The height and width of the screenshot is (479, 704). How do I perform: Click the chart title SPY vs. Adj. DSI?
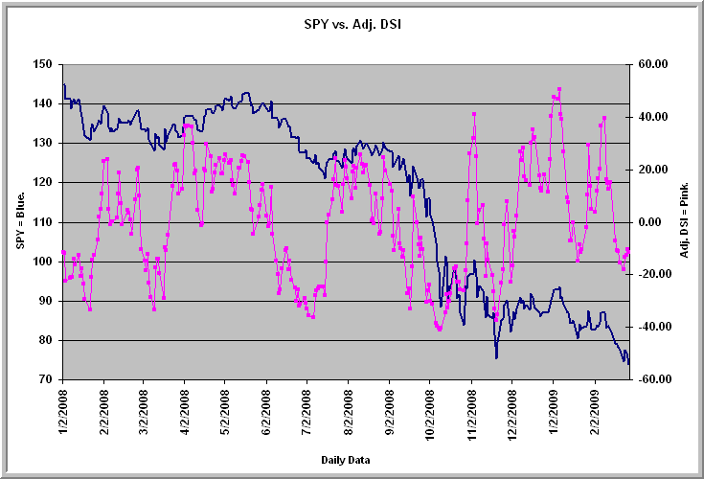[352, 24]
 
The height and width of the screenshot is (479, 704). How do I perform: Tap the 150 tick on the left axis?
[42, 64]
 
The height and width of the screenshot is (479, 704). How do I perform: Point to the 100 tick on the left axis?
[42, 262]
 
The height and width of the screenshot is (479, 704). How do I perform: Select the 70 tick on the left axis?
[46, 379]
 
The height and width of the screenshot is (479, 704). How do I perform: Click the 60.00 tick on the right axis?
[653, 64]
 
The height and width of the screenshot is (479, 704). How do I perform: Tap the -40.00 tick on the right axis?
[651, 327]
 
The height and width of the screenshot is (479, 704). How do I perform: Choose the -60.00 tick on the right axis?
[651, 379]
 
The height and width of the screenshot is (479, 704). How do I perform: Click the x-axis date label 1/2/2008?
[63, 412]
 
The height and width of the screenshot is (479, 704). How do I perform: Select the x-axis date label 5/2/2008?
[225, 412]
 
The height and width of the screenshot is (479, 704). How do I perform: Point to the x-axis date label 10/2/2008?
[430, 415]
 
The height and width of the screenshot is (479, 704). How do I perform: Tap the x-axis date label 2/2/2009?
[596, 412]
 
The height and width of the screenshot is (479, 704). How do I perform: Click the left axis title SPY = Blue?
[20, 221]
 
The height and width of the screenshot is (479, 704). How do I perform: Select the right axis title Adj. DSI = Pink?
[684, 220]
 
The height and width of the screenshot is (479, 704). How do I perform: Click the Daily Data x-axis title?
[345, 460]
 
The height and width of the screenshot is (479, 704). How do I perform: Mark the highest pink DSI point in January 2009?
[559, 89]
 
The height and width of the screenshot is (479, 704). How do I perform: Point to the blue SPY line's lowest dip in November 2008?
[496, 357]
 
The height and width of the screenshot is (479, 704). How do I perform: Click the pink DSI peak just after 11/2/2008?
[474, 114]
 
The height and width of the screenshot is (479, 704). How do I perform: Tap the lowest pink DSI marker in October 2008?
[440, 329]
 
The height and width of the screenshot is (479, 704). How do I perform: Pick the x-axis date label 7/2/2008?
[307, 412]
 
